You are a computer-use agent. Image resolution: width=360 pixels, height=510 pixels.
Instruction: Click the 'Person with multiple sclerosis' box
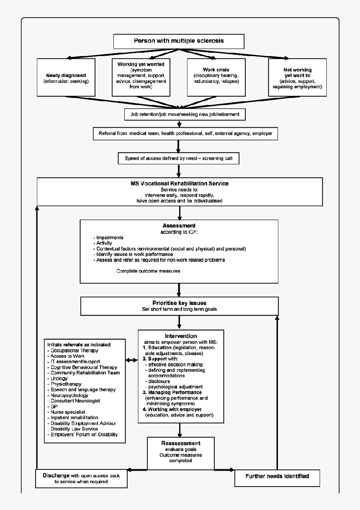(x=179, y=41)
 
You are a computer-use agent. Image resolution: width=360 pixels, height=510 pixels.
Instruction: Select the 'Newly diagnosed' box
(x=66, y=78)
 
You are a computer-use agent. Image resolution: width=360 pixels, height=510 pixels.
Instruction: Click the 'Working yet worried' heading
(x=141, y=64)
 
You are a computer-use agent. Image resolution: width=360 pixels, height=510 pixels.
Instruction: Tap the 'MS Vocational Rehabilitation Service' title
(x=179, y=183)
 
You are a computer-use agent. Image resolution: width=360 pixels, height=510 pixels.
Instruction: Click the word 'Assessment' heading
(x=179, y=226)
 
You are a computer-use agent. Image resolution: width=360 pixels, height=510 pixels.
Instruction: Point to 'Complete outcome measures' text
(x=148, y=271)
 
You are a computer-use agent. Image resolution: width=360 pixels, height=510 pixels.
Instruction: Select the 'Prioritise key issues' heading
(x=179, y=303)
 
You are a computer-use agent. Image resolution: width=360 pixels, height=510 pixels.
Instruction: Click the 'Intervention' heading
(x=181, y=336)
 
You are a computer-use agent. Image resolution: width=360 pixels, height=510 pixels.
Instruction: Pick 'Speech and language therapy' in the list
(x=83, y=390)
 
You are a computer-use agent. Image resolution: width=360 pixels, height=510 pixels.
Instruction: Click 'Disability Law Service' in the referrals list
(x=74, y=429)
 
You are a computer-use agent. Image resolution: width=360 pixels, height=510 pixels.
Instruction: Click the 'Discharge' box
(x=81, y=479)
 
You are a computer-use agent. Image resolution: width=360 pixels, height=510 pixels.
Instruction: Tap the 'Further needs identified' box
(x=277, y=476)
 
